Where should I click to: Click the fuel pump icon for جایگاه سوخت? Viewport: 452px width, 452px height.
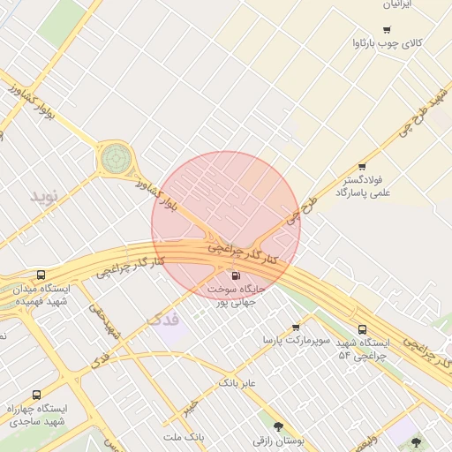pyautogui.click(x=235, y=275)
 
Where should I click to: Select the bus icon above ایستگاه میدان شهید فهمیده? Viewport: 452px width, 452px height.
pyautogui.click(x=41, y=275)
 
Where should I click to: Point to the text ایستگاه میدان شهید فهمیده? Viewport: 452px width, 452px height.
pyautogui.click(x=41, y=295)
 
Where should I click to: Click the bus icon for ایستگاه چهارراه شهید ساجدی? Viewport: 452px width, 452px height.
pyautogui.click(x=36, y=395)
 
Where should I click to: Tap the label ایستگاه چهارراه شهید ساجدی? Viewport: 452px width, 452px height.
pyautogui.click(x=37, y=415)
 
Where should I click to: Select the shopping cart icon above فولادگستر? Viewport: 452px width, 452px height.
pyautogui.click(x=362, y=167)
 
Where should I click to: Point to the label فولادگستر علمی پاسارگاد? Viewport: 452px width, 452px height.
pyautogui.click(x=362, y=186)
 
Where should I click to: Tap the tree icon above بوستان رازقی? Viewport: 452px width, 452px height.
pyautogui.click(x=279, y=426)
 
